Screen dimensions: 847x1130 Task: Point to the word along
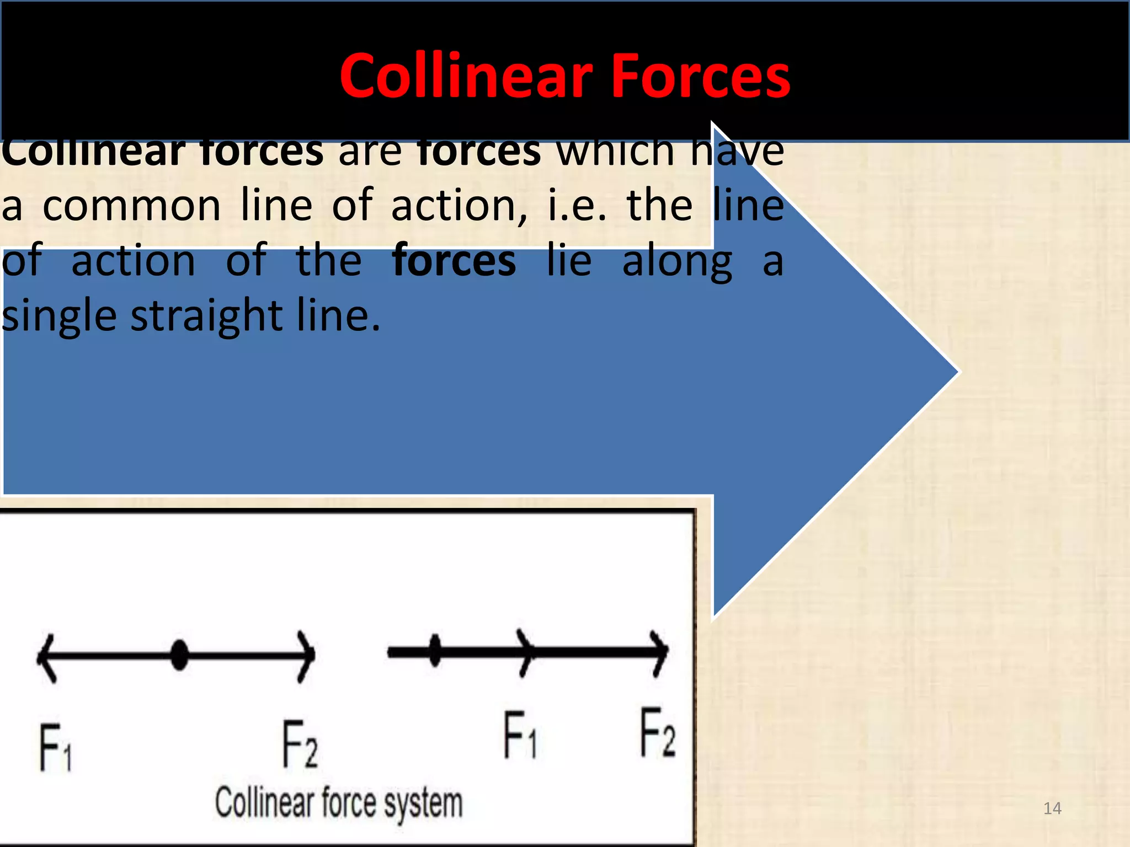click(678, 261)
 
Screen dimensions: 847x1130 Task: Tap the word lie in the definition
click(569, 260)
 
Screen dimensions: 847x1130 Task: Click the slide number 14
click(1052, 808)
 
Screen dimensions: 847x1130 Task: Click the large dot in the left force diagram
click(179, 655)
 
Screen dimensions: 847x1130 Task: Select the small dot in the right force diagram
click(435, 651)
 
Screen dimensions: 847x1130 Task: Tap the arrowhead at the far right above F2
click(661, 653)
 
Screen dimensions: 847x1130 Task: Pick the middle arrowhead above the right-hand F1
click(527, 653)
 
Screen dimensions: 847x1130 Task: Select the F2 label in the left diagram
click(300, 744)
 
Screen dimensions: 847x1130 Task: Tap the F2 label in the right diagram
click(657, 733)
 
